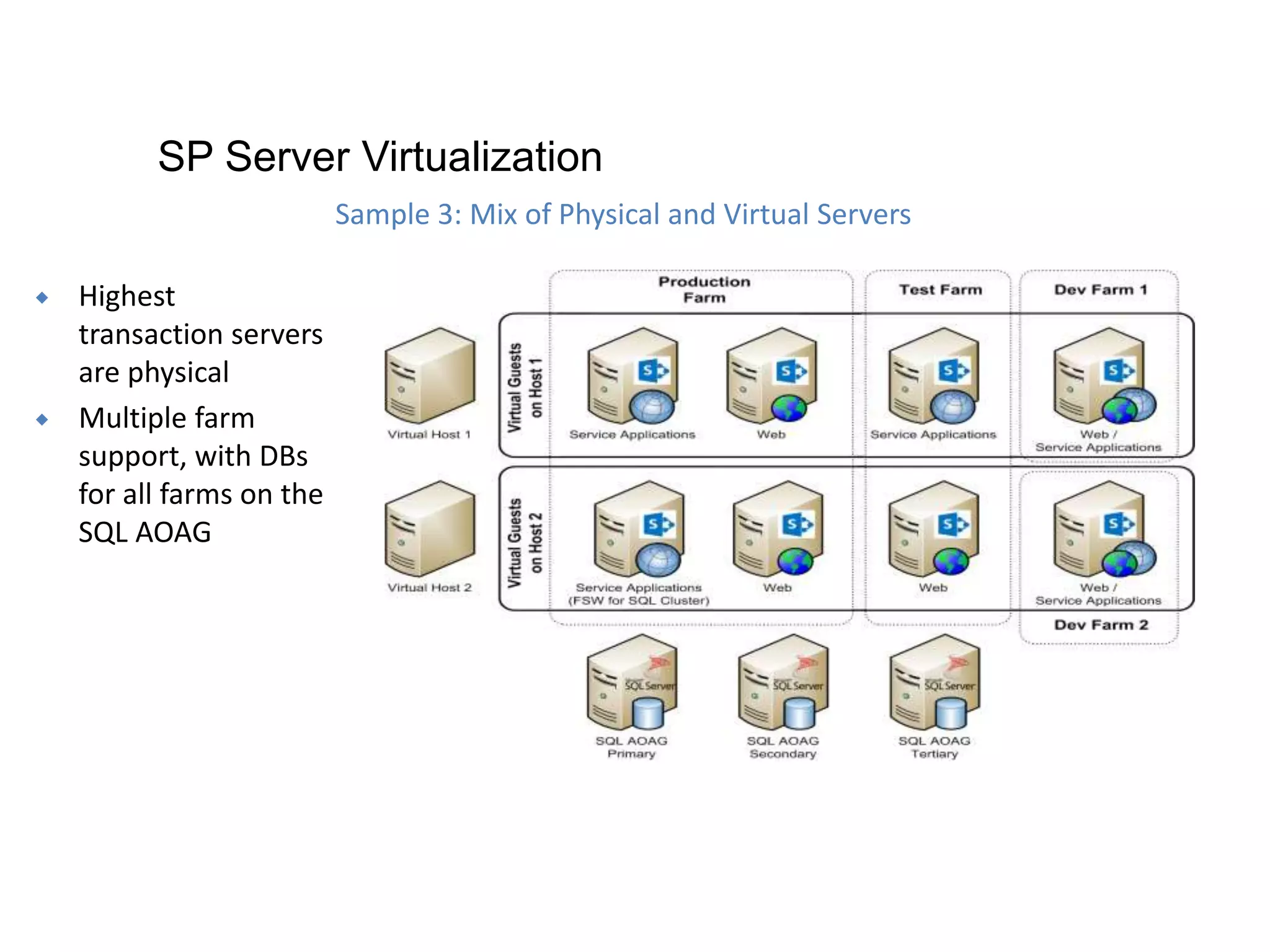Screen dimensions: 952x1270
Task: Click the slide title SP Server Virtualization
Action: click(x=380, y=156)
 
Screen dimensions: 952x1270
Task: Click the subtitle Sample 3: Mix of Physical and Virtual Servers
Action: click(x=623, y=214)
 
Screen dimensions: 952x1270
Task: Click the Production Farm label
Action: click(x=704, y=289)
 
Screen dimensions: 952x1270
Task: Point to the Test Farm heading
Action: click(x=940, y=289)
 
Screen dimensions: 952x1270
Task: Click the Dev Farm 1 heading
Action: click(x=1100, y=289)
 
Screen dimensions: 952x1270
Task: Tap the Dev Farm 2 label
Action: click(x=1101, y=625)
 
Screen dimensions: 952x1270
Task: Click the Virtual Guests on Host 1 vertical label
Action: click(x=525, y=387)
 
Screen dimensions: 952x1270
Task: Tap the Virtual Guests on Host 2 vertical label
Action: click(x=525, y=541)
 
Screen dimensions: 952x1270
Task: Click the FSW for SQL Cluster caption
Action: click(x=639, y=601)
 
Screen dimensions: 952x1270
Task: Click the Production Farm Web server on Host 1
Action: click(x=771, y=376)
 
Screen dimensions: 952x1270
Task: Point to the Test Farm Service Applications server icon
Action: click(x=933, y=376)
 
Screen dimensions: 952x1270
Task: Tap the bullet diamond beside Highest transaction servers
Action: click(x=42, y=297)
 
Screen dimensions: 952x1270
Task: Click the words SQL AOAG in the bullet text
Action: click(x=144, y=532)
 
